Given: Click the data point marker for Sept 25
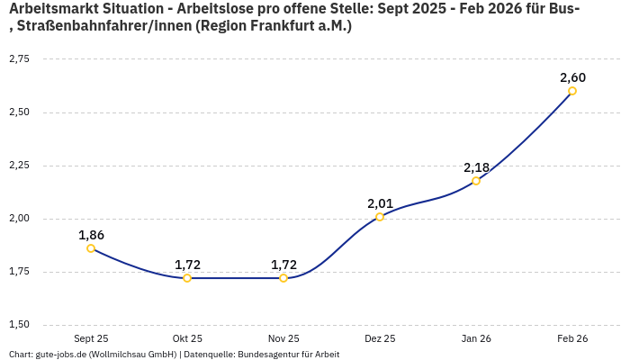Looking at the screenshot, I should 91,248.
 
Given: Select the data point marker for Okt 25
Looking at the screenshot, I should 187,278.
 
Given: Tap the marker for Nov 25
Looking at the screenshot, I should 283,278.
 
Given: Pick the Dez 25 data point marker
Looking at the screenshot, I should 380,217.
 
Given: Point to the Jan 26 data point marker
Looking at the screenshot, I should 476,181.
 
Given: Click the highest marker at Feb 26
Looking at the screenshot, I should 572,91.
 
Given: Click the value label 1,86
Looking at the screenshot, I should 91,235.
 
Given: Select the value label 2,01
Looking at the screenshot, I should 380,203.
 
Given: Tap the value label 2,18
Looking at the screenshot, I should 476,167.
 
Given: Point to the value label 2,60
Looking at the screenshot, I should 572,77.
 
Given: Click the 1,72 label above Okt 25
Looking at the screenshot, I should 187,265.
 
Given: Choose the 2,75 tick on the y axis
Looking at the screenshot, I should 19,59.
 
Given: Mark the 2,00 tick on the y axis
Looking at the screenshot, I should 19,219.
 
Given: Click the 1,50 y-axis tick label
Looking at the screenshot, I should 19,325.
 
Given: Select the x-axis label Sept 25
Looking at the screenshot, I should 91,338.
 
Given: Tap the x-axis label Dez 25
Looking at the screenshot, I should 380,338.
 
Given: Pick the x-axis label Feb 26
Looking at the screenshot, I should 572,338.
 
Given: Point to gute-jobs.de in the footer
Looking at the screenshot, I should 60,355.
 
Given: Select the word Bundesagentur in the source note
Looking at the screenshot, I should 270,355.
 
